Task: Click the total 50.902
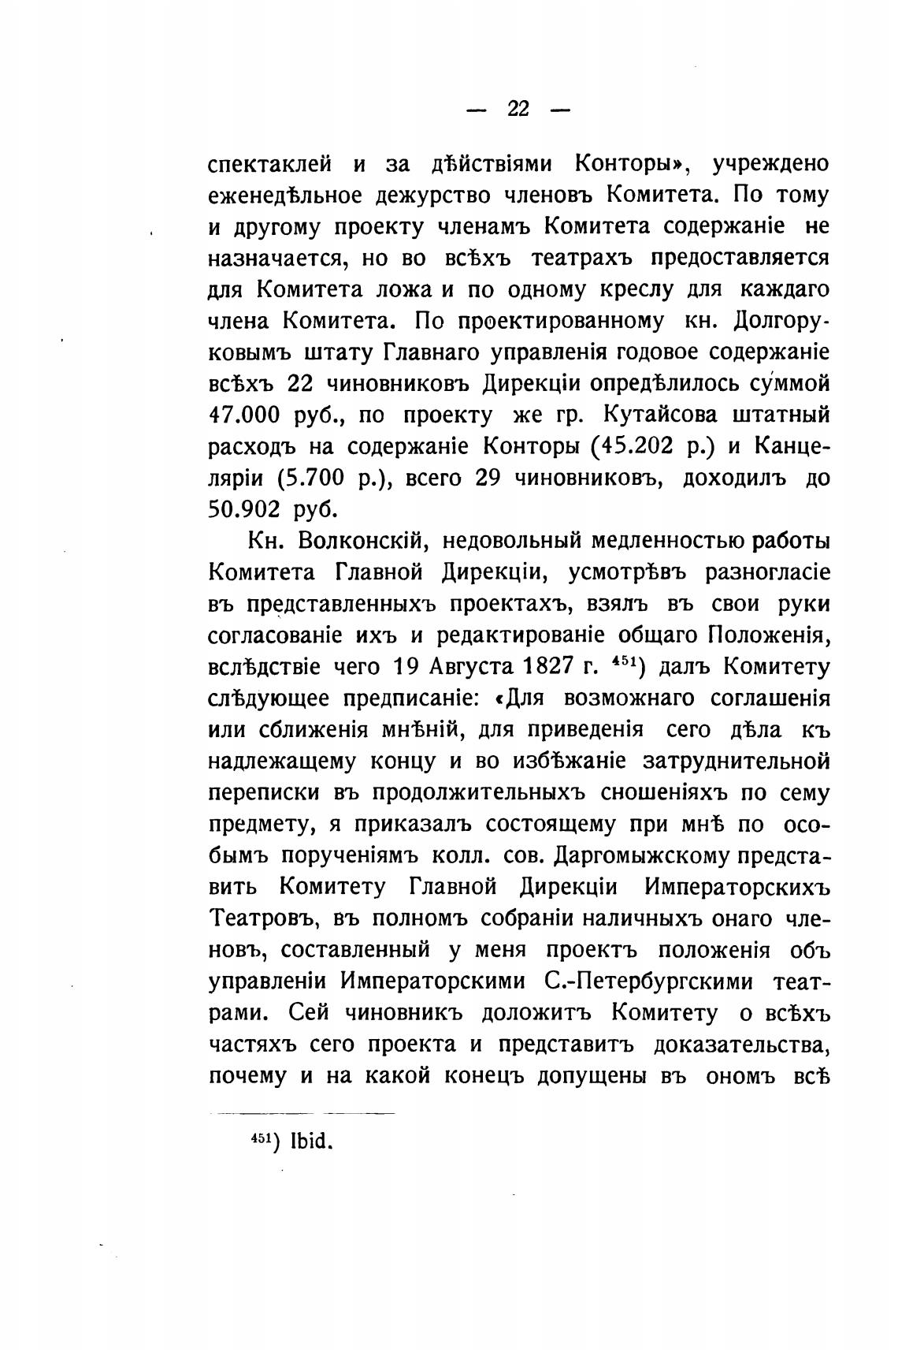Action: coord(244,510)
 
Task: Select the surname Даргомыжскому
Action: coord(643,855)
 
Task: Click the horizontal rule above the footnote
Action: coord(302,1113)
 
